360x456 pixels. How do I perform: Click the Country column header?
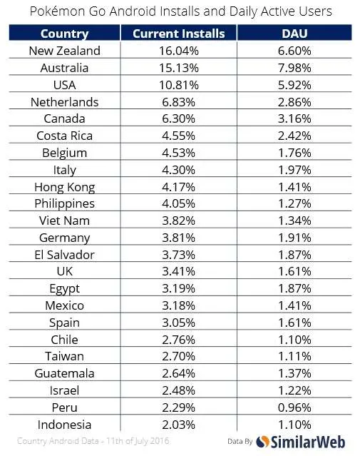[64, 34]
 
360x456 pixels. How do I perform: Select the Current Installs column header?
[179, 34]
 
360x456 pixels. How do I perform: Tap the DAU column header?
[294, 34]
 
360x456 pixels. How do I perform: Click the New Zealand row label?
[64, 51]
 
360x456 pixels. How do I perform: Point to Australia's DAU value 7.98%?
[294, 68]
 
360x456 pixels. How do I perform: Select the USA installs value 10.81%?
[179, 85]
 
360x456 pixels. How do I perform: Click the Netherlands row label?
[64, 102]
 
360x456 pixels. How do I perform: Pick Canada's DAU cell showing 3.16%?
[294, 119]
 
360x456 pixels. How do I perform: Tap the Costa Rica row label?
[64, 136]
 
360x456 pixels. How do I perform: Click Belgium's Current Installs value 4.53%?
[179, 153]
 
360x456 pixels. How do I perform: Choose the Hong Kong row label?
[64, 187]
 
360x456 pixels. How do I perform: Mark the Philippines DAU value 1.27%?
[294, 204]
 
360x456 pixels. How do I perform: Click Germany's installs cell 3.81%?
[179, 238]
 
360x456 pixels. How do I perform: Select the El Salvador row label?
[64, 255]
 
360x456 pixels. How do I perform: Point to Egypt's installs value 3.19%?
[179, 289]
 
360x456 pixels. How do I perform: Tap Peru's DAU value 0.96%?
[294, 407]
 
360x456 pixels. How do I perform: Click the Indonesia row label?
[64, 425]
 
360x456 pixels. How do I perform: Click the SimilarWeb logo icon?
[262, 442]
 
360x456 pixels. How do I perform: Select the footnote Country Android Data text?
[58, 441]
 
